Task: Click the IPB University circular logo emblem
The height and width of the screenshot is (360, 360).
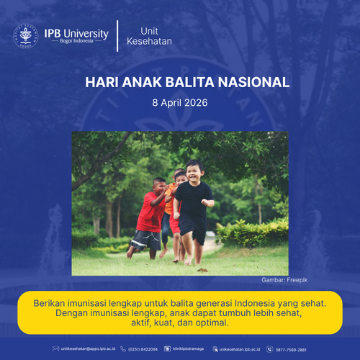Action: tap(26, 36)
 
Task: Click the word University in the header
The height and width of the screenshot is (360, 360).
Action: tap(86, 33)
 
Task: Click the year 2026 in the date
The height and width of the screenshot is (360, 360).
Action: tap(194, 103)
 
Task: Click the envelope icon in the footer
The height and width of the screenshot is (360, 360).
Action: tap(56, 349)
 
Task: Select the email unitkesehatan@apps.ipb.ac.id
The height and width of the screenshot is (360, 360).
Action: tap(88, 349)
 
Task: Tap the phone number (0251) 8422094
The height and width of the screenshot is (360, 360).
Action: tap(143, 349)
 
